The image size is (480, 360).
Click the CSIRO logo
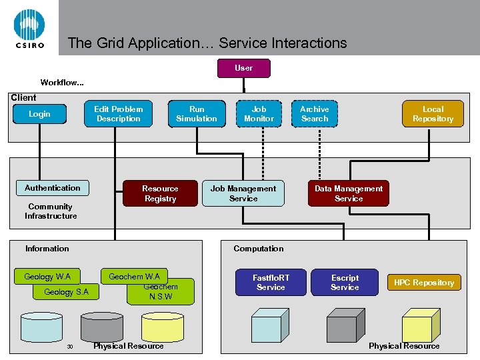click(x=29, y=28)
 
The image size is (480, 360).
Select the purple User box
click(x=244, y=68)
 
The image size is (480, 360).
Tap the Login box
click(x=39, y=114)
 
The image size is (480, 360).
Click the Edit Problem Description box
click(x=118, y=114)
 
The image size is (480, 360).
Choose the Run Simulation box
click(x=197, y=114)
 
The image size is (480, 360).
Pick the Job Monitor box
click(x=259, y=114)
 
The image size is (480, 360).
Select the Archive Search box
click(x=315, y=114)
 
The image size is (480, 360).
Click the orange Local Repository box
click(x=433, y=114)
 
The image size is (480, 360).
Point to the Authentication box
click(x=52, y=188)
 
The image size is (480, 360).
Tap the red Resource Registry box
click(x=160, y=193)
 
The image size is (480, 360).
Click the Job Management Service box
click(x=243, y=193)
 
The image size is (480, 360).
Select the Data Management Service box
click(x=349, y=193)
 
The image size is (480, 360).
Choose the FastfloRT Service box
click(x=271, y=282)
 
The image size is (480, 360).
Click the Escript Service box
click(x=345, y=282)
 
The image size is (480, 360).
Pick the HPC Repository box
click(x=424, y=283)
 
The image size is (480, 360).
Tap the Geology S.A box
click(x=66, y=292)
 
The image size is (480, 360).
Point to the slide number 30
click(x=69, y=347)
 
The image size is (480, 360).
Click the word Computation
click(x=258, y=249)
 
